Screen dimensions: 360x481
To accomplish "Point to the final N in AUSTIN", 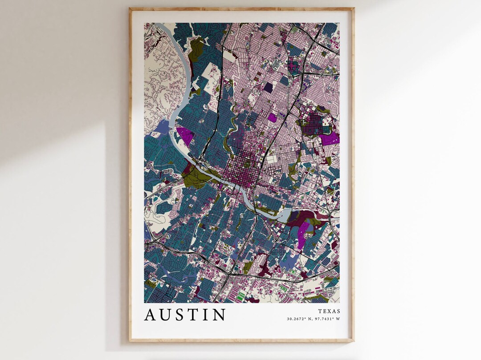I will (219, 315).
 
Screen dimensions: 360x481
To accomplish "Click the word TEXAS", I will (329, 311).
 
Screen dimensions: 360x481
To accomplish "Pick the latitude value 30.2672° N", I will (300, 319).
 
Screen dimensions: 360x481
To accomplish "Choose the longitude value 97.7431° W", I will (327, 319).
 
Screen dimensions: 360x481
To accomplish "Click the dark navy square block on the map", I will (268, 87).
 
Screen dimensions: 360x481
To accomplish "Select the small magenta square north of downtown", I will (272, 117).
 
